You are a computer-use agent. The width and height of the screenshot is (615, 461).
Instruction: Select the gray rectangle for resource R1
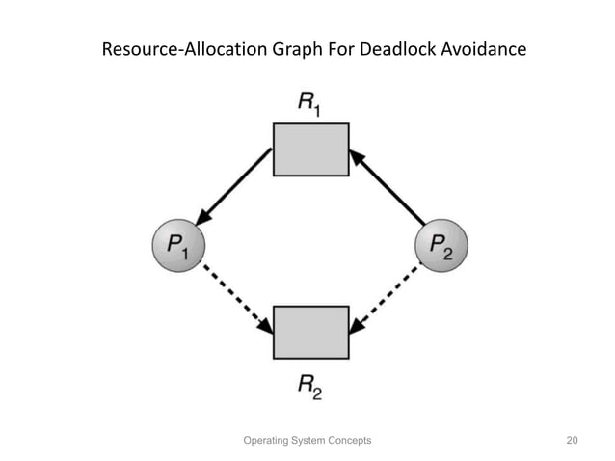[310, 149]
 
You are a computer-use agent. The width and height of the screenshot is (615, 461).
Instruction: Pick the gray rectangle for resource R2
[310, 332]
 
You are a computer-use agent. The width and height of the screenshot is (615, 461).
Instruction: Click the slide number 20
[571, 440]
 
